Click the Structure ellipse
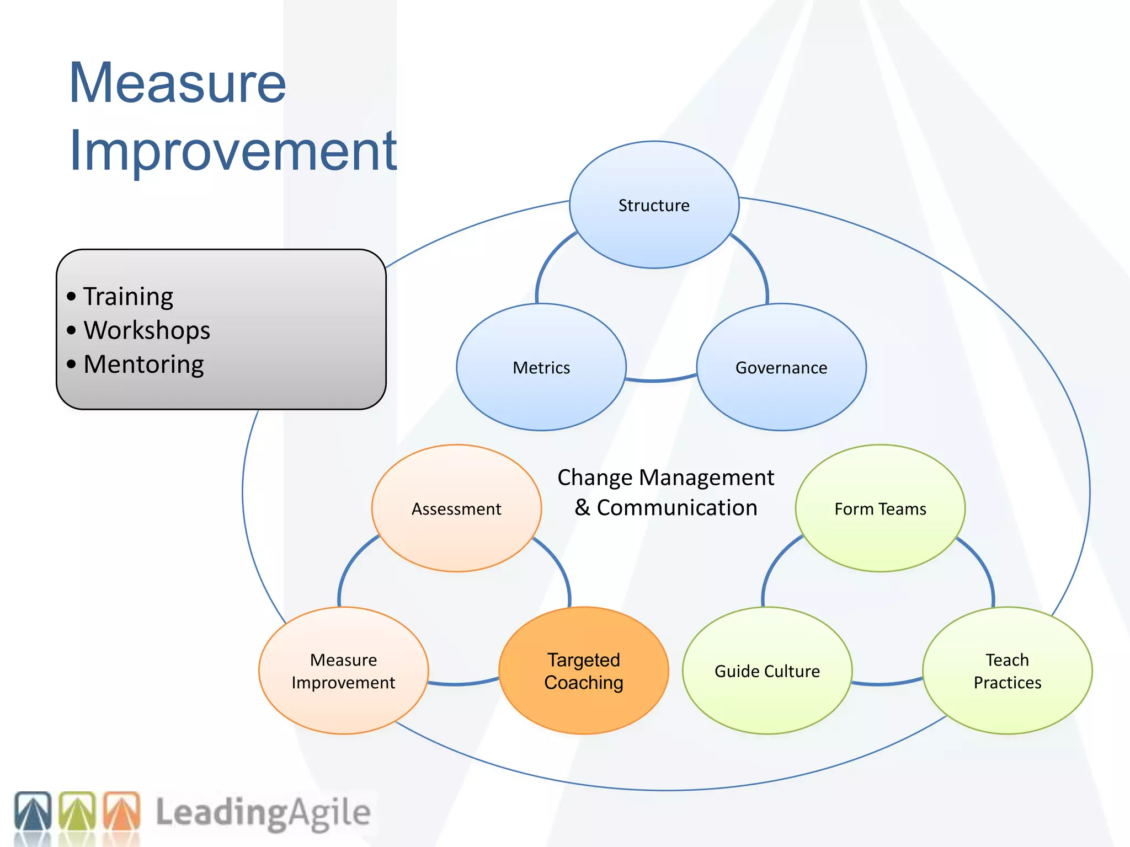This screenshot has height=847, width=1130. coord(654,205)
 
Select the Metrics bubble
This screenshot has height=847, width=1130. coord(541,367)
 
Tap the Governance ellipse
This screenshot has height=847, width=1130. coord(781,367)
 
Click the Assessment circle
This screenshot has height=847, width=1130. coord(456,508)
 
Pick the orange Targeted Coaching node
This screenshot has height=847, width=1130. coord(584,671)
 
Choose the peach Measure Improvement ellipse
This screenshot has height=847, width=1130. coord(343,671)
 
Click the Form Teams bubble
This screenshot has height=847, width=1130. coord(880,508)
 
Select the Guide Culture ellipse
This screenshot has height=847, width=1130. coord(767,671)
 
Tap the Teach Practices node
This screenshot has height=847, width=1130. coord(1007,671)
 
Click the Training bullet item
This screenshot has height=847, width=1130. coord(128,297)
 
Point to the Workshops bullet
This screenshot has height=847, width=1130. coord(146,330)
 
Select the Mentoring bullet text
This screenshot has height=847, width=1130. coord(143,364)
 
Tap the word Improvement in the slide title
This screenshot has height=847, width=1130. coord(233,150)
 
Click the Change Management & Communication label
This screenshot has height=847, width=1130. coord(665,492)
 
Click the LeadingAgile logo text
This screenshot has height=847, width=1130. coord(263,813)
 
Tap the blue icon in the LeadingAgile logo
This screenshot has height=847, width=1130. coord(33,811)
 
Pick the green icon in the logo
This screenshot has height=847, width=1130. coord(77,811)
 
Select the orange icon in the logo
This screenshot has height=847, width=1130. coord(122,811)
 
